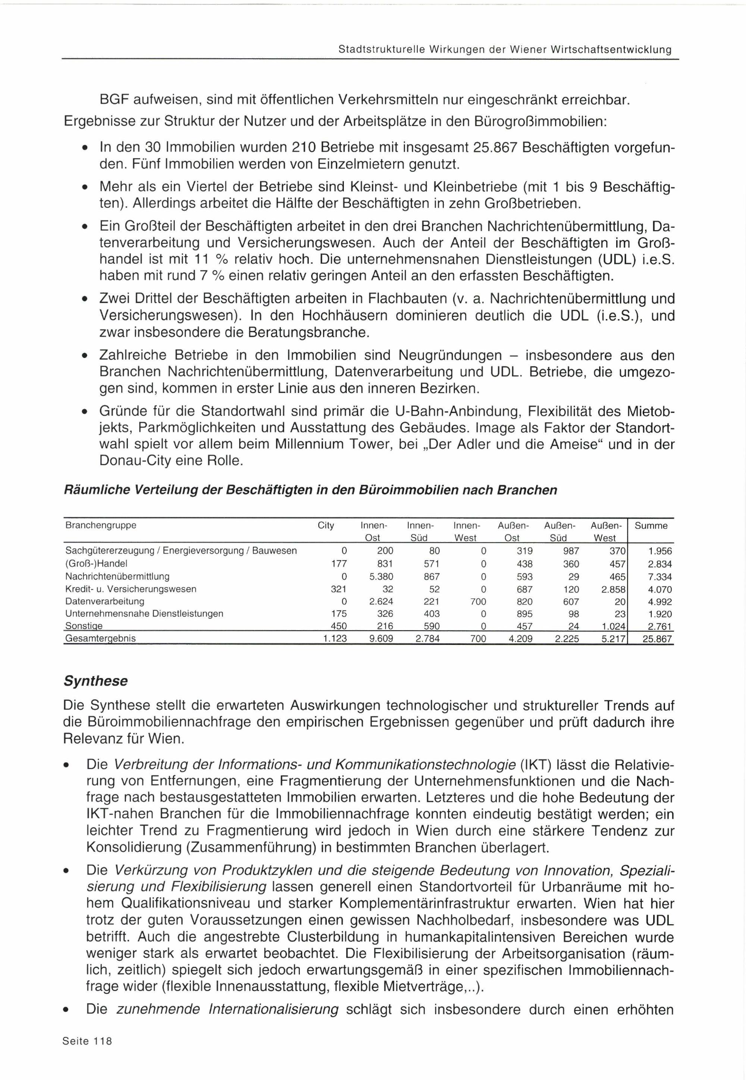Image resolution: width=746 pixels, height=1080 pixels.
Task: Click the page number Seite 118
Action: [87, 1054]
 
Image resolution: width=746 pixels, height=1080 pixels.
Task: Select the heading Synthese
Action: [95, 681]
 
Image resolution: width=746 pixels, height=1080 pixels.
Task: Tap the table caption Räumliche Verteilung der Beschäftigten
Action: [310, 490]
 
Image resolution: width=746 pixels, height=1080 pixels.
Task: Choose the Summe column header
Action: [651, 526]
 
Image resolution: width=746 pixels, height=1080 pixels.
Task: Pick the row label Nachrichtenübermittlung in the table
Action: [117, 576]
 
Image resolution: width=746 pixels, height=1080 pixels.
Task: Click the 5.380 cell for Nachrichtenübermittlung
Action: [381, 577]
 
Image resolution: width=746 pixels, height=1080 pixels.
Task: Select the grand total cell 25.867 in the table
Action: [657, 639]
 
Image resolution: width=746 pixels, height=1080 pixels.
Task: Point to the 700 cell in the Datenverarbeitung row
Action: [478, 602]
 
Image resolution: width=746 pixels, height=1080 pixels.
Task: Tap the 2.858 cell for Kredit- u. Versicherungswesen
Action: [613, 589]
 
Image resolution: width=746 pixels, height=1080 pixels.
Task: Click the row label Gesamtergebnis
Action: [100, 639]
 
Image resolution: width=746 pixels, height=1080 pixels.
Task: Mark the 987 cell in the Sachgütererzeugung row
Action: [571, 551]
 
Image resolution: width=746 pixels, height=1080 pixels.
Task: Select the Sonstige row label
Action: [84, 626]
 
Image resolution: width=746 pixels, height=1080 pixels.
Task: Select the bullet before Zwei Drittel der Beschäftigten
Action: [84, 299]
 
